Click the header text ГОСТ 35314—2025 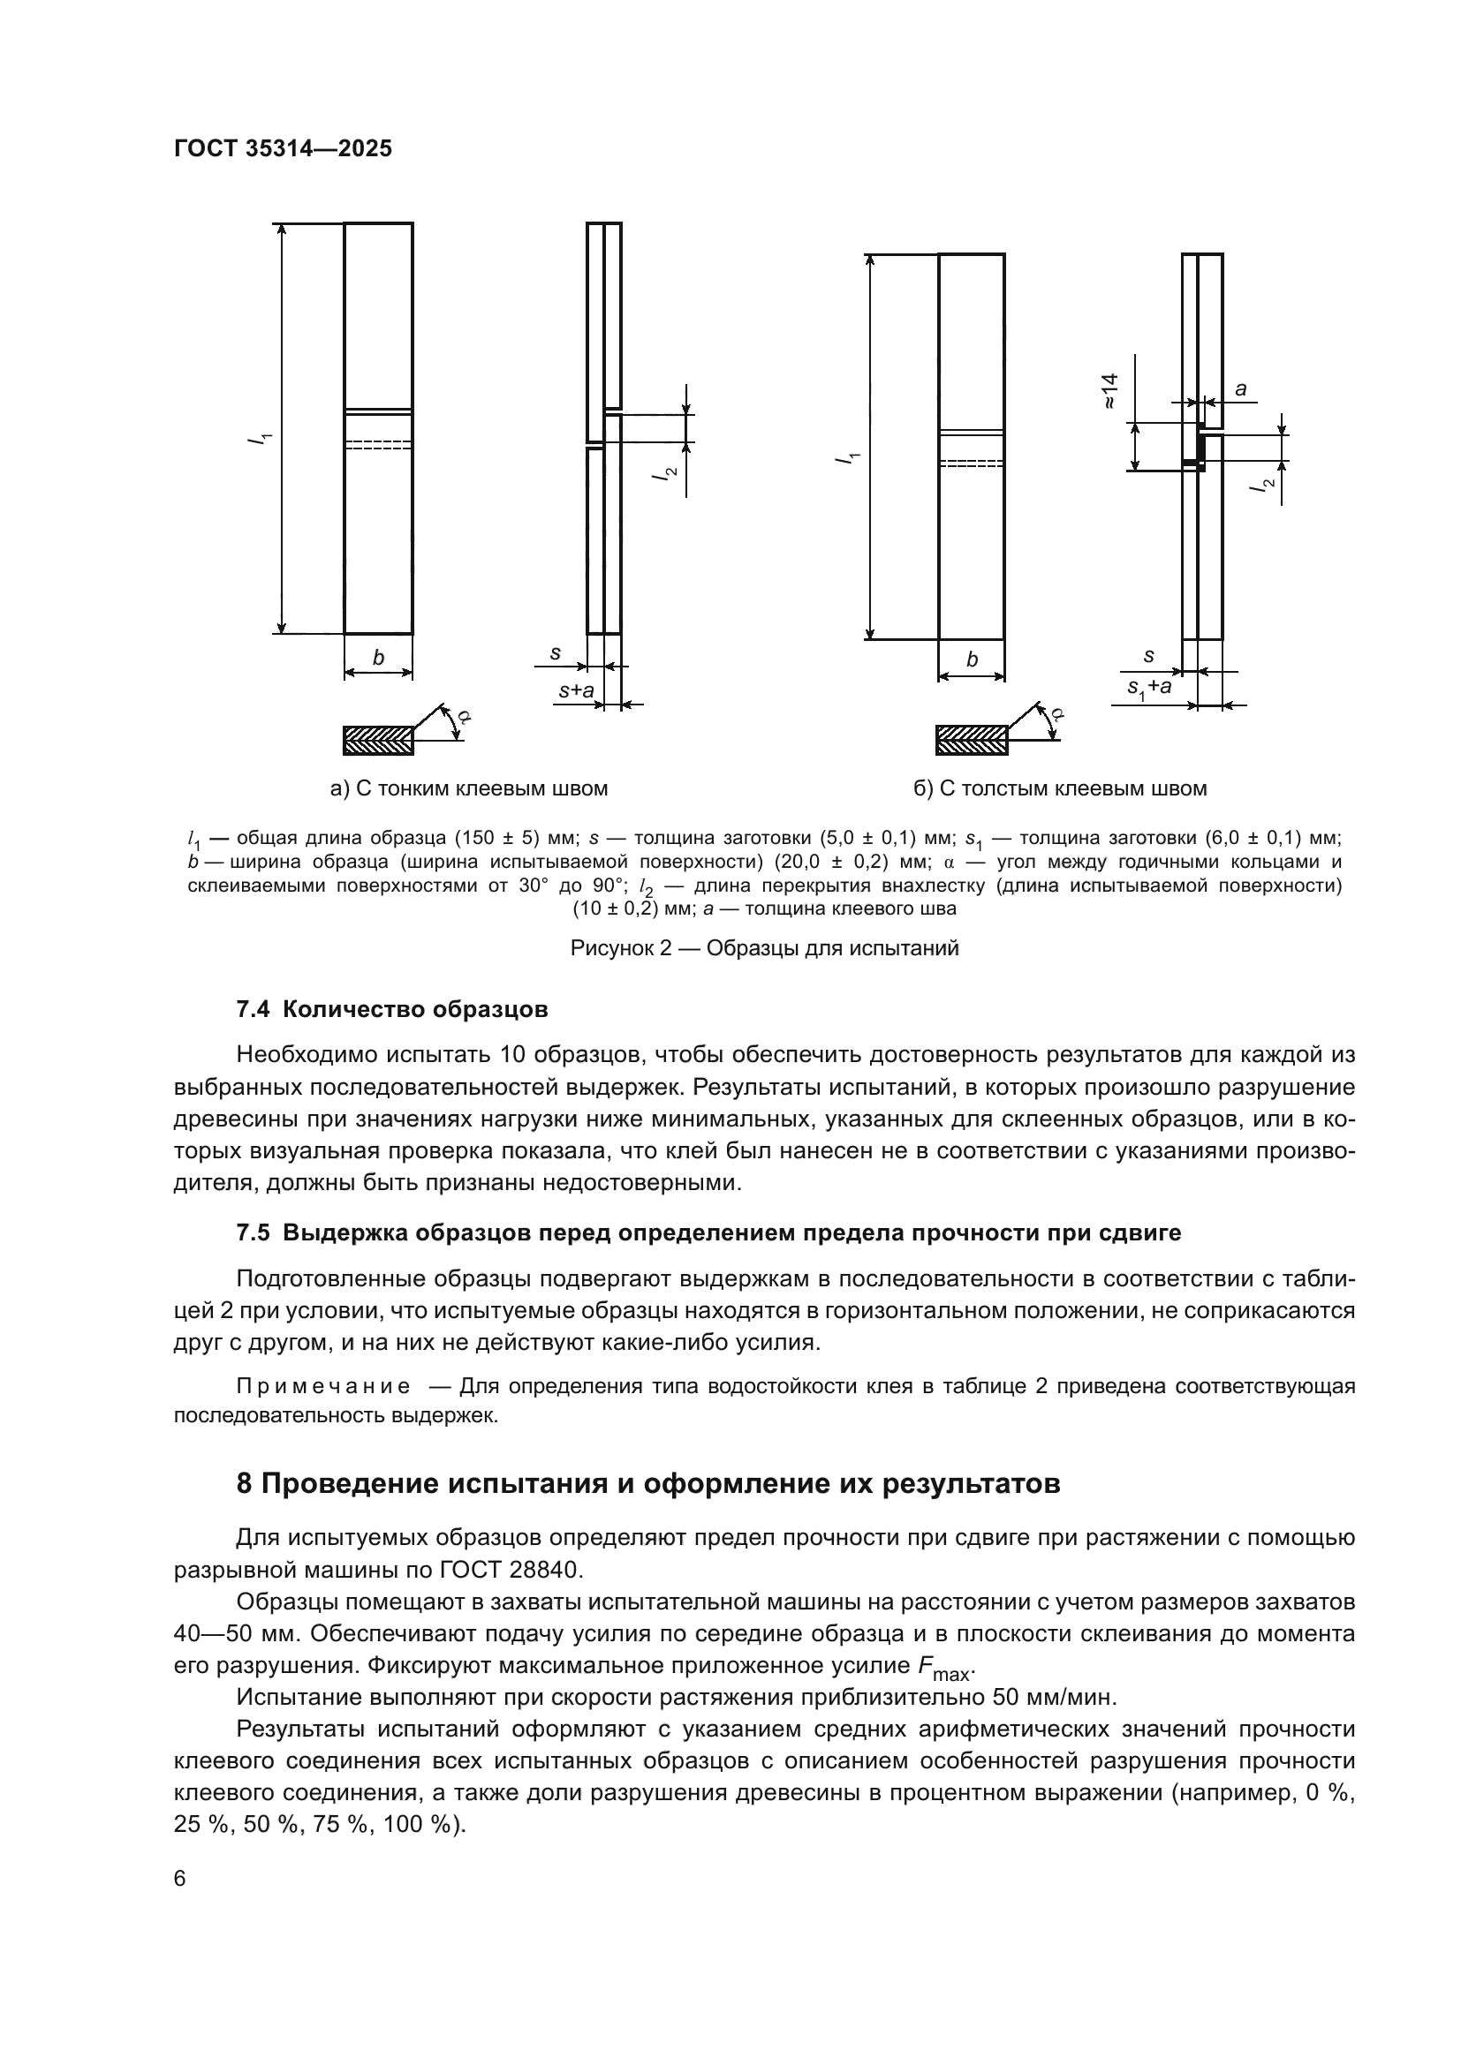pyautogui.click(x=284, y=149)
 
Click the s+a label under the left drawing pyautogui.click(x=576, y=690)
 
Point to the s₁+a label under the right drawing pyautogui.click(x=1150, y=687)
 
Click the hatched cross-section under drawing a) pyautogui.click(x=378, y=740)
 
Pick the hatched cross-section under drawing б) pyautogui.click(x=972, y=740)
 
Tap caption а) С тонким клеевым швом pyautogui.click(x=470, y=788)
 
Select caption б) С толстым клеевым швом pyautogui.click(x=1060, y=788)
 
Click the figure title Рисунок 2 pyautogui.click(x=765, y=948)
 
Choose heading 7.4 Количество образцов pyautogui.click(x=392, y=1009)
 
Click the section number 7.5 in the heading pyautogui.click(x=253, y=1232)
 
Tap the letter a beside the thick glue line pyautogui.click(x=1240, y=388)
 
